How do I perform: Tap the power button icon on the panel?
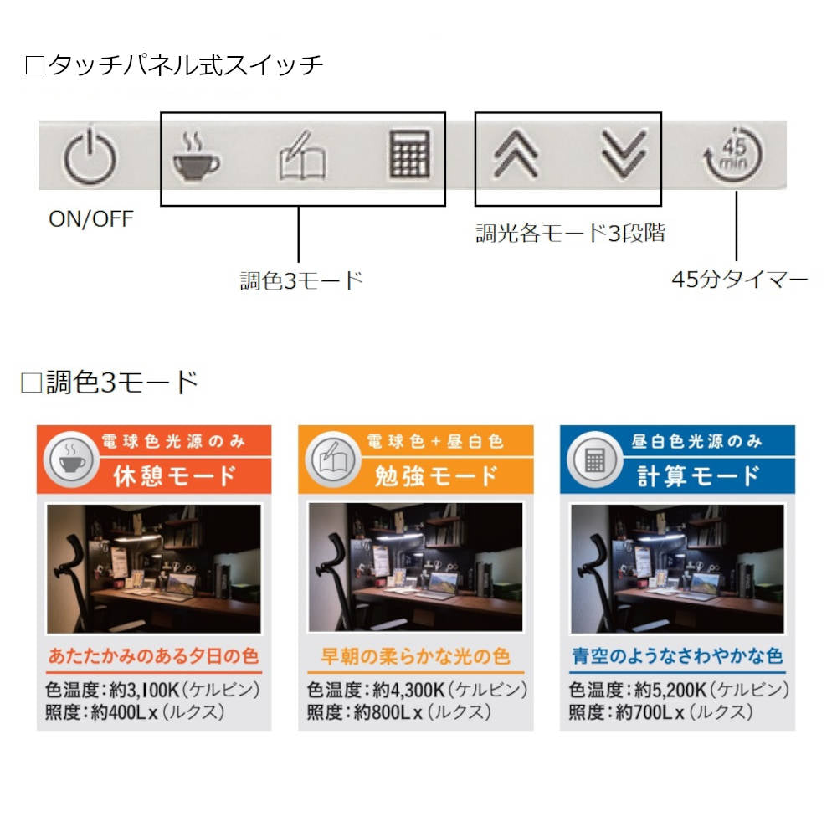[x=90, y=156]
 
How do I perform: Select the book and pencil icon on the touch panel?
[x=302, y=155]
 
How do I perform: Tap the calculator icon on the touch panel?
[x=409, y=154]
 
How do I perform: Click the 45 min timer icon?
[x=733, y=155]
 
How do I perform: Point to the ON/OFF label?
[x=90, y=218]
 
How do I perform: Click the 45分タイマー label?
[x=740, y=279]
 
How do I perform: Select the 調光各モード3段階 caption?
[x=570, y=234]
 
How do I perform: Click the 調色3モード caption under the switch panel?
[x=301, y=280]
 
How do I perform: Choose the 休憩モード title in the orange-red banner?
[x=175, y=475]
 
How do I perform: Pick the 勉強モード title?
[x=436, y=475]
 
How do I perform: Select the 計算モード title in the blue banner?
[x=698, y=475]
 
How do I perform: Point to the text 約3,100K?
[x=144, y=690]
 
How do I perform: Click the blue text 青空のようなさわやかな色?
[x=677, y=656]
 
